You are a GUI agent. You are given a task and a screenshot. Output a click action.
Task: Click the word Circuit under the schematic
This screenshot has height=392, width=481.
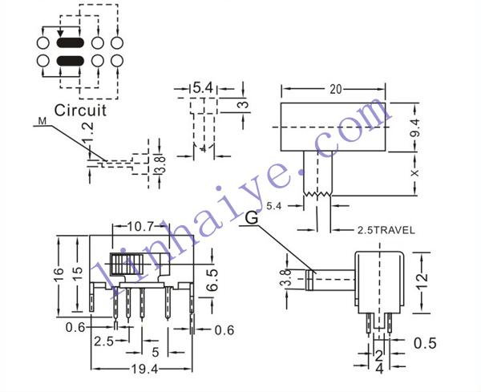click(80, 110)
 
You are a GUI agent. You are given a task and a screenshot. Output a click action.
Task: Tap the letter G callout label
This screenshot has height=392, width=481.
click(252, 218)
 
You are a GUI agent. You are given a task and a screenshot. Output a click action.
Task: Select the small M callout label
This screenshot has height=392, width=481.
click(42, 121)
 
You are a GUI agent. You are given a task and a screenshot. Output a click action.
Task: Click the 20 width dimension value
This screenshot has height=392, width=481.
click(336, 89)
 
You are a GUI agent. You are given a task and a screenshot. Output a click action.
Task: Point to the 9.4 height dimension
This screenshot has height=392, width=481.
click(414, 128)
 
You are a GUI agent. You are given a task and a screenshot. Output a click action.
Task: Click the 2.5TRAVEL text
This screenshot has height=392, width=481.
click(386, 230)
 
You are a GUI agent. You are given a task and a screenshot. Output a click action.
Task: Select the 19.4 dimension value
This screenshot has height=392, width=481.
click(144, 369)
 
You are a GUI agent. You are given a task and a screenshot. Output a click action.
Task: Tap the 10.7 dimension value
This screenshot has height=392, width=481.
click(139, 227)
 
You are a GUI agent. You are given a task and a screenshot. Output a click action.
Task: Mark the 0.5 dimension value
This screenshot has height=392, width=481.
click(425, 343)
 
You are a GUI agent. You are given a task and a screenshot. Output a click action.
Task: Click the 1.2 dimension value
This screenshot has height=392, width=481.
click(87, 132)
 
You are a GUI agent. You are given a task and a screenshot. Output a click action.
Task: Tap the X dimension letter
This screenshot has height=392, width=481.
click(414, 173)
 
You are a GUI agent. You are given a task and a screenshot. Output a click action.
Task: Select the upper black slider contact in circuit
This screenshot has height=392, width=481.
click(70, 42)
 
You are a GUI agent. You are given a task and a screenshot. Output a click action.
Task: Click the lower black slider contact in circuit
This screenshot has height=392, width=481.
click(70, 61)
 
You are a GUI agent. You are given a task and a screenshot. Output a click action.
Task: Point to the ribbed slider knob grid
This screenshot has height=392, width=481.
click(127, 264)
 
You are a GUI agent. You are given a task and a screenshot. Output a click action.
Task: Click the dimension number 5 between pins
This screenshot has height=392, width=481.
click(156, 353)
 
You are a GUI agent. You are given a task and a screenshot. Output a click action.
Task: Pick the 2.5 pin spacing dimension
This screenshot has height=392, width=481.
click(103, 341)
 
